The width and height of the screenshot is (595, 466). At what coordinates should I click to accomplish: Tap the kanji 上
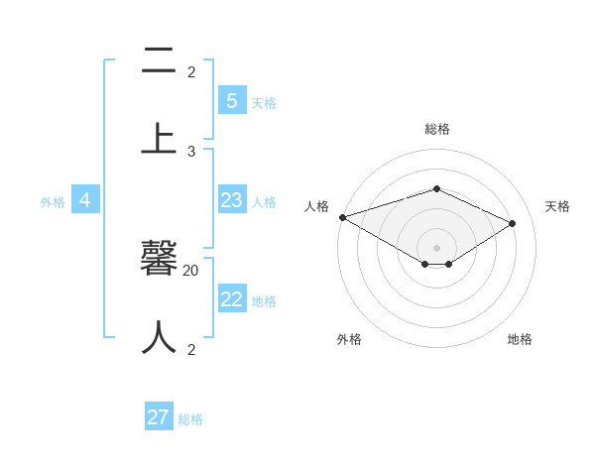pos(159,139)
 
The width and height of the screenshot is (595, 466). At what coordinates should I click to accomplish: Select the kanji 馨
pos(159,259)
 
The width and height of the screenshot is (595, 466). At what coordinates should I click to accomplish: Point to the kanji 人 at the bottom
pos(159,337)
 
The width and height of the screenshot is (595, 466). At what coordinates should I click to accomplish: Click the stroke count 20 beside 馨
pos(191,270)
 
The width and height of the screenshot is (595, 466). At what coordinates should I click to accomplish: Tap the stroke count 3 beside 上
pos(191,151)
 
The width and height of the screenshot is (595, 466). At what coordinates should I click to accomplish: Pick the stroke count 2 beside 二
pos(191,71)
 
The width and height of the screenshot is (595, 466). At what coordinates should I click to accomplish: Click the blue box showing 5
pos(231,100)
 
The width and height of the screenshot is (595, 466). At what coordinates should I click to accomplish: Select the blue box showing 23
pos(231,200)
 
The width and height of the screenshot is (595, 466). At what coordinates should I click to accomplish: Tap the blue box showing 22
pos(231,298)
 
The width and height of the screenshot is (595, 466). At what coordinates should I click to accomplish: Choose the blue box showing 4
pos(84,200)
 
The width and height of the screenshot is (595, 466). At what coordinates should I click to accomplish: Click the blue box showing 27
pos(159,417)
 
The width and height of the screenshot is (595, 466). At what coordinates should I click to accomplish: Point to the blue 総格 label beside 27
pos(190,419)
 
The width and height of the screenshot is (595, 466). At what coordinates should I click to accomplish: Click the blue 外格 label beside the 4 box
pos(53,202)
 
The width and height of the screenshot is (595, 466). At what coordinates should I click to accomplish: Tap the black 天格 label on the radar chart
pos(557,206)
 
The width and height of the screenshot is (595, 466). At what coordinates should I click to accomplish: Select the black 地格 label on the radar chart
pos(520,339)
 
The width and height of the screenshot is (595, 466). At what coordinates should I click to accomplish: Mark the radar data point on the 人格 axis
pos(342,217)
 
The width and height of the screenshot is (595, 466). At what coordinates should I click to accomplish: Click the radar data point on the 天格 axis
pos(513,223)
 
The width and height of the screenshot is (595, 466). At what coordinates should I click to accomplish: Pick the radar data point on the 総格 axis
pos(436,188)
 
